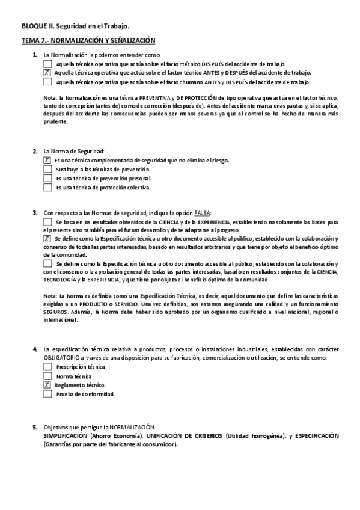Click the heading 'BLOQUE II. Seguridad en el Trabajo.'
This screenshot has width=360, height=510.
click(75, 26)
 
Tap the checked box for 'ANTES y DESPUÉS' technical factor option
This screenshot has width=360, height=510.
click(47, 72)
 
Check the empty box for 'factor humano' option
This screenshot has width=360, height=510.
click(48, 82)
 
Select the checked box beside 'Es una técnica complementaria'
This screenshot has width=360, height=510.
click(47, 161)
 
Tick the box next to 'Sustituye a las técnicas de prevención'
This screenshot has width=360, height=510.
click(48, 170)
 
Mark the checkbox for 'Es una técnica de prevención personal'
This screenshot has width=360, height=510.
click(48, 179)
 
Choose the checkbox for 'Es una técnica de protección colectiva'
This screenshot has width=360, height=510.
click(48, 188)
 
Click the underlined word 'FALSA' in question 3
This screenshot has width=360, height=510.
click(202, 213)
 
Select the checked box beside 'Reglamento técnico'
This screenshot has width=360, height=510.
click(47, 385)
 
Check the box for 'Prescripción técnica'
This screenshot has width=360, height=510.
click(48, 366)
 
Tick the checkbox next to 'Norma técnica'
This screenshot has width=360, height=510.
click(48, 376)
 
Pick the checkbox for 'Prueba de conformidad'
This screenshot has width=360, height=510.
click(48, 395)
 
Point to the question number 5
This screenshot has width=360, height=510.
click(35, 426)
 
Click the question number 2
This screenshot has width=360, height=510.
click(35, 151)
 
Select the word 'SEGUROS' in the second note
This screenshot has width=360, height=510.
click(55, 312)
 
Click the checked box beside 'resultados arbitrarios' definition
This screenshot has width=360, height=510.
click(47, 238)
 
